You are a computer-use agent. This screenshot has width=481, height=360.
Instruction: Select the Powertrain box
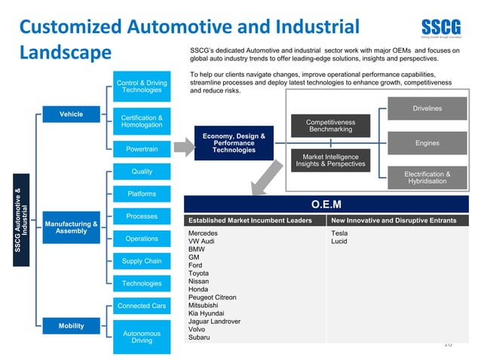pyautogui.click(x=142, y=149)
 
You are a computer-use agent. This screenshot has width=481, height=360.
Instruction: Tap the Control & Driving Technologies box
pyautogui.click(x=142, y=87)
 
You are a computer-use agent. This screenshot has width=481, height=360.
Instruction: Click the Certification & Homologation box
pyautogui.click(x=142, y=121)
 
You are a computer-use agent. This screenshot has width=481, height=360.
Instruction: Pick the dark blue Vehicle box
pyautogui.click(x=72, y=114)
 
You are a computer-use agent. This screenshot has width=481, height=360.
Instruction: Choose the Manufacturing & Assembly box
pyautogui.click(x=72, y=227)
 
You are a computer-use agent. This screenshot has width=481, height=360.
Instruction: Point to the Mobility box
pyautogui.click(x=72, y=326)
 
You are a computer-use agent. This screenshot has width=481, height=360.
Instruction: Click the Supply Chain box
pyautogui.click(x=142, y=261)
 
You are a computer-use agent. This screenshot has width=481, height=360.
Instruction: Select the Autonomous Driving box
pyautogui.click(x=142, y=337)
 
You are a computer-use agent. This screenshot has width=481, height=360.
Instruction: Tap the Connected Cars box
pyautogui.click(x=142, y=306)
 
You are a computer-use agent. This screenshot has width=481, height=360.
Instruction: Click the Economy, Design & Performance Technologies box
pyautogui.click(x=234, y=143)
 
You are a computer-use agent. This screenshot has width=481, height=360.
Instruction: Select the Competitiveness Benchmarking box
pyautogui.click(x=330, y=126)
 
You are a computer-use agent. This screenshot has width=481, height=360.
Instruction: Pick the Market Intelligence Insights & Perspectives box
pyautogui.click(x=330, y=160)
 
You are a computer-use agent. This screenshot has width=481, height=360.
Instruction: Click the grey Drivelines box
pyautogui.click(x=427, y=109)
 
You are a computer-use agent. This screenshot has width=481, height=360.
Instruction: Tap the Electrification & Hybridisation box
pyautogui.click(x=427, y=178)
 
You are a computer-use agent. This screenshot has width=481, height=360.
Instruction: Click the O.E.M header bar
pyautogui.click(x=326, y=204)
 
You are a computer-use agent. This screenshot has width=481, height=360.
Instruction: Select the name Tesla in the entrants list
pyautogui.click(x=339, y=233)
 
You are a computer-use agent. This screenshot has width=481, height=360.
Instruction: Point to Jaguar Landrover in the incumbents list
pyautogui.click(x=214, y=321)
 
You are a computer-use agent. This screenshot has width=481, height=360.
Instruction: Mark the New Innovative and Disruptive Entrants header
pyautogui.click(x=394, y=221)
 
